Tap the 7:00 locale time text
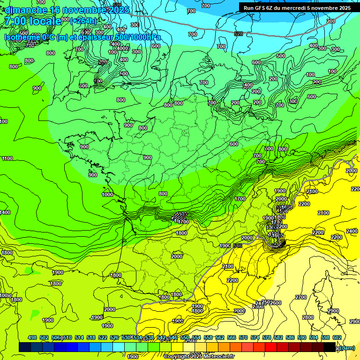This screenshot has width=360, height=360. tap(32, 21)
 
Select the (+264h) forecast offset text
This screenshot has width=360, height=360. tap(83, 21)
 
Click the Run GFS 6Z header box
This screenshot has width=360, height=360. tap(297, 7)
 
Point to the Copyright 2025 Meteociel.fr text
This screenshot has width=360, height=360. tap(199, 357)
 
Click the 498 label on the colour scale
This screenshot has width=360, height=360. tap(32, 337)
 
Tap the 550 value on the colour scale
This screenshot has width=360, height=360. tap(184, 337)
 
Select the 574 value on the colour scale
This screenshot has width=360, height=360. tap(255, 337)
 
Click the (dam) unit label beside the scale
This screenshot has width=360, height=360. tap(347, 347)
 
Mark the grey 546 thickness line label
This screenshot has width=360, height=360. tap(237, 246)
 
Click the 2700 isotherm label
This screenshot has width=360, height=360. tap(301, 297)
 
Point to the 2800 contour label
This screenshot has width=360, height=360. tap(307, 317)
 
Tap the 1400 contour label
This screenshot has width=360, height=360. tap(5, 212)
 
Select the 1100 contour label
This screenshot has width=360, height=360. tap(7, 158)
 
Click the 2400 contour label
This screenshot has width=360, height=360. tap(352, 231)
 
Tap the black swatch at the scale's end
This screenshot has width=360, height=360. tap(330, 347)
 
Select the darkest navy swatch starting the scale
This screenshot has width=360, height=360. tap(25, 347)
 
